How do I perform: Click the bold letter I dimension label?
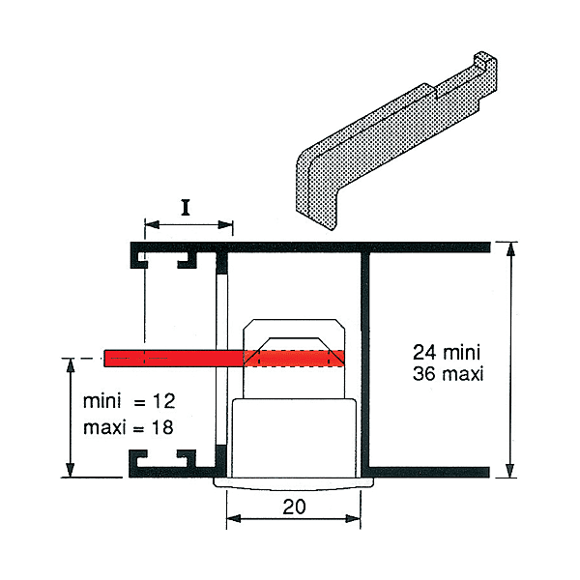(x=186, y=207)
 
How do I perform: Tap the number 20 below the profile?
(x=294, y=507)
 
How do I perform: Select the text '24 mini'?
(x=447, y=352)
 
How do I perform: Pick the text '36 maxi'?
(x=449, y=373)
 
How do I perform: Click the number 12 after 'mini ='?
(x=163, y=401)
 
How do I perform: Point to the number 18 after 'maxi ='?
(x=162, y=427)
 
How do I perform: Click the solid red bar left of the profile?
(x=173, y=358)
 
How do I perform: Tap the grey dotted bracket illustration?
(x=396, y=140)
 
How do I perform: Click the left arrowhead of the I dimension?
(x=152, y=224)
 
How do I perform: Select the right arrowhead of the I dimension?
(x=225, y=224)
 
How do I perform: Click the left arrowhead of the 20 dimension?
(x=234, y=518)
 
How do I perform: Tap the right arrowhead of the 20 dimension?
(x=353, y=518)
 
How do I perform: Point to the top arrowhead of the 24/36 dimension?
(x=510, y=249)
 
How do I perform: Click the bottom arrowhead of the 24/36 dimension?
(x=510, y=470)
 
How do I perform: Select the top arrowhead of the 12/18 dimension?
(x=71, y=365)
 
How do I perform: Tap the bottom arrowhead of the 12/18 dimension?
(x=71, y=470)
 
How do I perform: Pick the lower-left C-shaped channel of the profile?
(x=162, y=463)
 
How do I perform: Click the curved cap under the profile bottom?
(x=294, y=484)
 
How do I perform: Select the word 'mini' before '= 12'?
(x=102, y=401)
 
